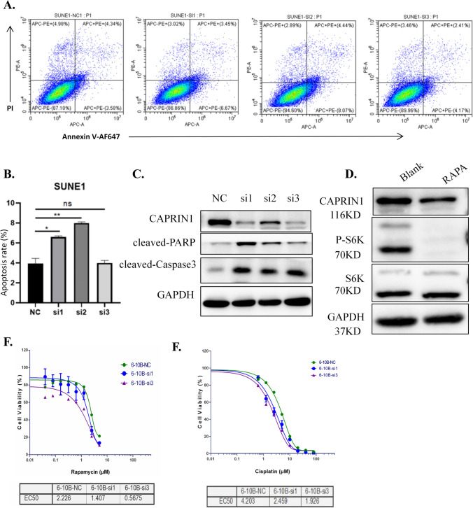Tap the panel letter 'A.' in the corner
10,8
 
